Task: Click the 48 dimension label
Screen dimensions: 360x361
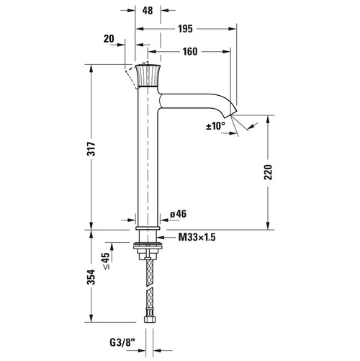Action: tap(148, 11)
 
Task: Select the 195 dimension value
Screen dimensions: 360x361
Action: tap(185, 29)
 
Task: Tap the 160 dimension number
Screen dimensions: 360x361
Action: tap(190, 52)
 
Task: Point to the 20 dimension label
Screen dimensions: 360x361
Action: tap(109, 39)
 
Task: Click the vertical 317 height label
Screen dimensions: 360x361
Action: tap(91, 149)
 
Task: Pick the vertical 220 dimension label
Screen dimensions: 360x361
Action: tap(268, 172)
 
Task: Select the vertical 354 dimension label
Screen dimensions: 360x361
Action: tap(91, 277)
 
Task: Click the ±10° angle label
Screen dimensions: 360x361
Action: tap(215, 126)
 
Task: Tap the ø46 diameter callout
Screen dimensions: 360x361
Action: tap(178, 214)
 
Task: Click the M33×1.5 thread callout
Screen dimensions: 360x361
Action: tap(197, 237)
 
